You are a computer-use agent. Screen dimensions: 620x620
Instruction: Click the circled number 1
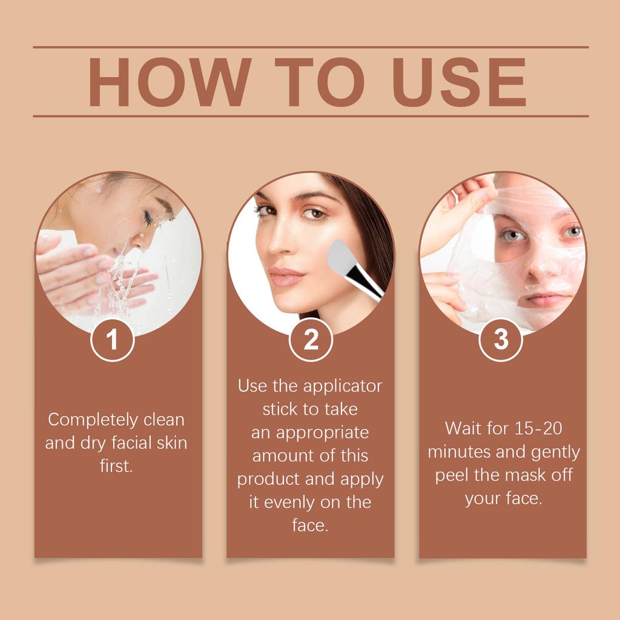pyautogui.click(x=112, y=340)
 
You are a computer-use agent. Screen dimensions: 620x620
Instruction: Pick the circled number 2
pyautogui.click(x=311, y=340)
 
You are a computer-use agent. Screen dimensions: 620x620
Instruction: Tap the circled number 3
pyautogui.click(x=501, y=340)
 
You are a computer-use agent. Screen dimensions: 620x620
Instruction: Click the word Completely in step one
pyautogui.click(x=93, y=420)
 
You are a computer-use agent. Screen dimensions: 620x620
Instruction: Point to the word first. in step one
pyautogui.click(x=116, y=466)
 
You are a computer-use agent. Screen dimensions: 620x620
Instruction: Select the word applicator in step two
pyautogui.click(x=342, y=386)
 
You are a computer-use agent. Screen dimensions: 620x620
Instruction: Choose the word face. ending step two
pyautogui.click(x=310, y=526)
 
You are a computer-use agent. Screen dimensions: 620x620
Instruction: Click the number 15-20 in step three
pyautogui.click(x=539, y=429)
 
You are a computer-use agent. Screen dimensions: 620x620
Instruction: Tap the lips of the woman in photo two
pyautogui.click(x=285, y=276)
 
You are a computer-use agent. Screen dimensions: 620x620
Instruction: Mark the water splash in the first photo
pyautogui.click(x=118, y=279)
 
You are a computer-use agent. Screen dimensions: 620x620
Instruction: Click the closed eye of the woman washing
pyautogui.click(x=148, y=219)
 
